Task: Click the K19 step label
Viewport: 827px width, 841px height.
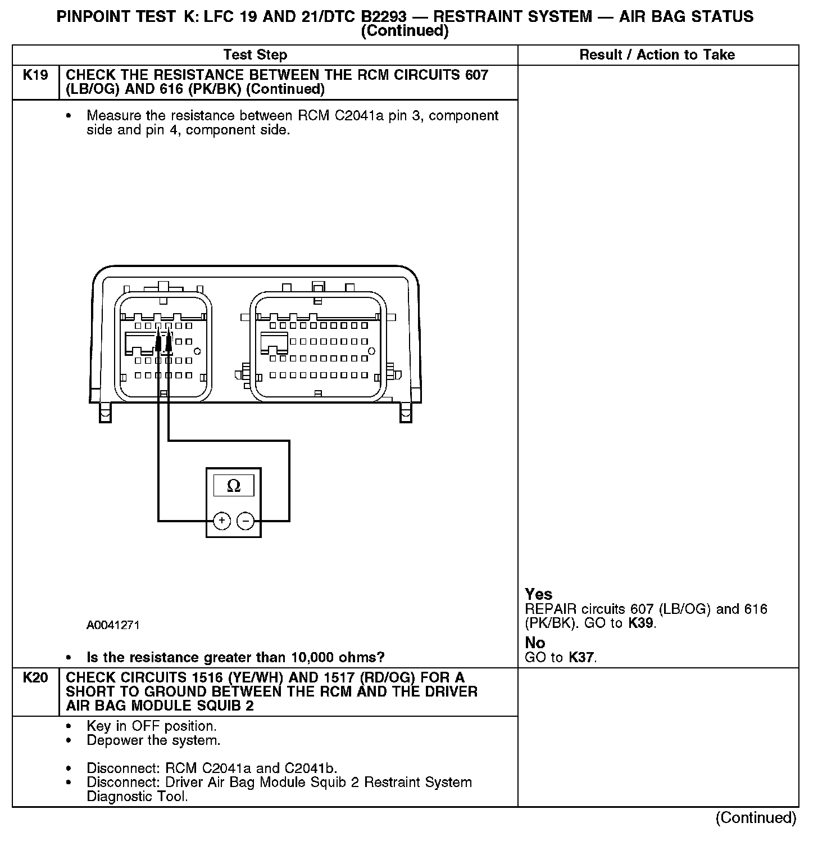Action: [35, 75]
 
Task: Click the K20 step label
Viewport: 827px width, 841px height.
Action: [35, 678]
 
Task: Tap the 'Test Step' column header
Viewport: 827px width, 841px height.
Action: [255, 55]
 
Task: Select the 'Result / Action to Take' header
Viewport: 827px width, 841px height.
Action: [657, 55]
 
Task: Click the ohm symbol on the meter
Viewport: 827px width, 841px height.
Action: [233, 486]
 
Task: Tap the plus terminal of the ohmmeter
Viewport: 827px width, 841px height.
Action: [222, 521]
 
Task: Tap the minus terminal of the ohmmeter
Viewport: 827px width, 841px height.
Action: [246, 521]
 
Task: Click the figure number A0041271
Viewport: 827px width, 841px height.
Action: [113, 625]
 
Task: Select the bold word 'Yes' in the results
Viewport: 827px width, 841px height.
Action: [538, 594]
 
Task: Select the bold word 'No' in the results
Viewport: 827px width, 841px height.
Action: [535, 643]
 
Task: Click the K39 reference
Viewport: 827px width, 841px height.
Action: [641, 623]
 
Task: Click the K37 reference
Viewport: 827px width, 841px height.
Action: [581, 657]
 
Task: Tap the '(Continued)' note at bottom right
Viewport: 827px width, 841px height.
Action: [756, 818]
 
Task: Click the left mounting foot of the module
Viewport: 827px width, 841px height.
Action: [104, 414]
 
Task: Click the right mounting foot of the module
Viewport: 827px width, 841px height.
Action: [405, 414]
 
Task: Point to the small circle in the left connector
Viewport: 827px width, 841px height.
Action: [197, 351]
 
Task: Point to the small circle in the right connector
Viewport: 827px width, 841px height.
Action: [371, 351]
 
